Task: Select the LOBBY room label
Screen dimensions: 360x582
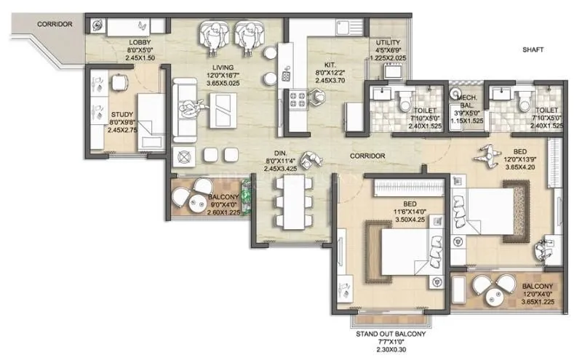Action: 140,41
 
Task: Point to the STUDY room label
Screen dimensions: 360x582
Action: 121,113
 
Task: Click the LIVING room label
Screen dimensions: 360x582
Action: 218,67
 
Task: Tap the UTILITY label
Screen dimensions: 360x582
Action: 383,42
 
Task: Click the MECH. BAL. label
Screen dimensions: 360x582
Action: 466,107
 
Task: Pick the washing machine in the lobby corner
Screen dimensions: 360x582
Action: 98,25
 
